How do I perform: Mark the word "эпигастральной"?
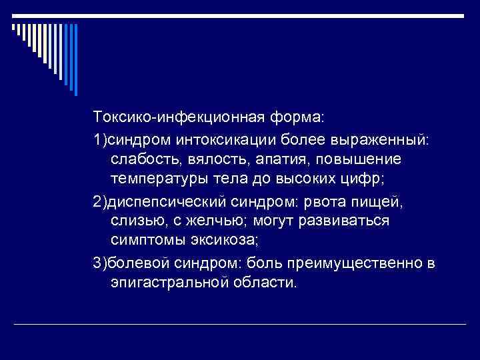165,283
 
